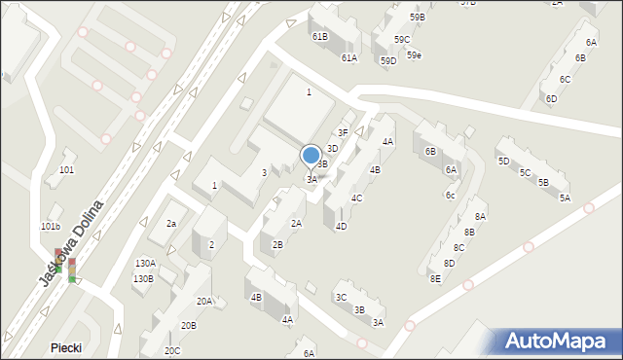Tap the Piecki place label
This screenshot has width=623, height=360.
click(67, 347)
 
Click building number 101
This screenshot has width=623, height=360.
click(66, 170)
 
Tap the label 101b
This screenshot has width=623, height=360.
click(51, 227)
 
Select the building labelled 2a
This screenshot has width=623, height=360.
click(171, 224)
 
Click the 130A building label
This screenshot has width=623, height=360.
click(145, 264)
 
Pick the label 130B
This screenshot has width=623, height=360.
click(143, 278)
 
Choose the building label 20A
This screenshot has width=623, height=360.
click(204, 302)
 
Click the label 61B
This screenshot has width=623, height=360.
click(319, 36)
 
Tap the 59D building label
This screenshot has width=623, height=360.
click(388, 61)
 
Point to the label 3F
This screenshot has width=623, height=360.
click(343, 132)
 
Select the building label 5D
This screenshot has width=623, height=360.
click(503, 162)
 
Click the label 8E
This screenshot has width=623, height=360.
click(435, 279)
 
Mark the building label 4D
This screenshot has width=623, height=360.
click(341, 227)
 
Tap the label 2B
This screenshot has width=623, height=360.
click(277, 245)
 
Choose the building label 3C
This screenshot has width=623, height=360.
click(341, 298)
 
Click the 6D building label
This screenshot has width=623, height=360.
click(551, 99)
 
